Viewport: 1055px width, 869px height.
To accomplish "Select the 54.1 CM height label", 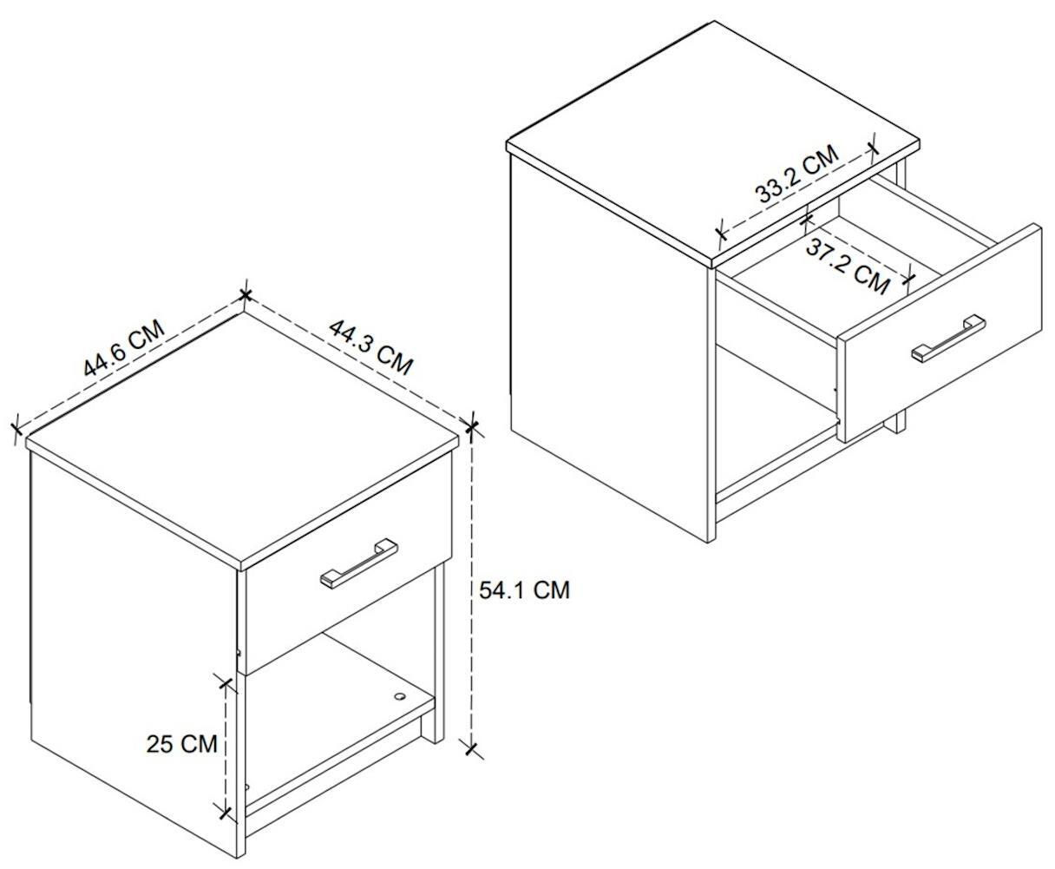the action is tap(524, 589).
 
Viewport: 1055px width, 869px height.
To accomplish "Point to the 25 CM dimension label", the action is tap(181, 744).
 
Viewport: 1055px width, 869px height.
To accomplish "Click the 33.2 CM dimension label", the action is tap(796, 174).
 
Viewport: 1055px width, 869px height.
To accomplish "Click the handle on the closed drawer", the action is tap(358, 563).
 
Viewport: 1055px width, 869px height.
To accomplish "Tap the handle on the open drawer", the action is tap(948, 338).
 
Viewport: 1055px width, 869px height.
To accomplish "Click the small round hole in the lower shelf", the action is tap(399, 696).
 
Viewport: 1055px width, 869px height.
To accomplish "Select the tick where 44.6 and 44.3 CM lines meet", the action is tap(245, 295).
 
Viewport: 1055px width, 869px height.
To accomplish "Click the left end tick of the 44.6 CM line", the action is tap(16, 429).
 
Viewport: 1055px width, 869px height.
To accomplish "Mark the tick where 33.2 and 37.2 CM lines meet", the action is tap(806, 220).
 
